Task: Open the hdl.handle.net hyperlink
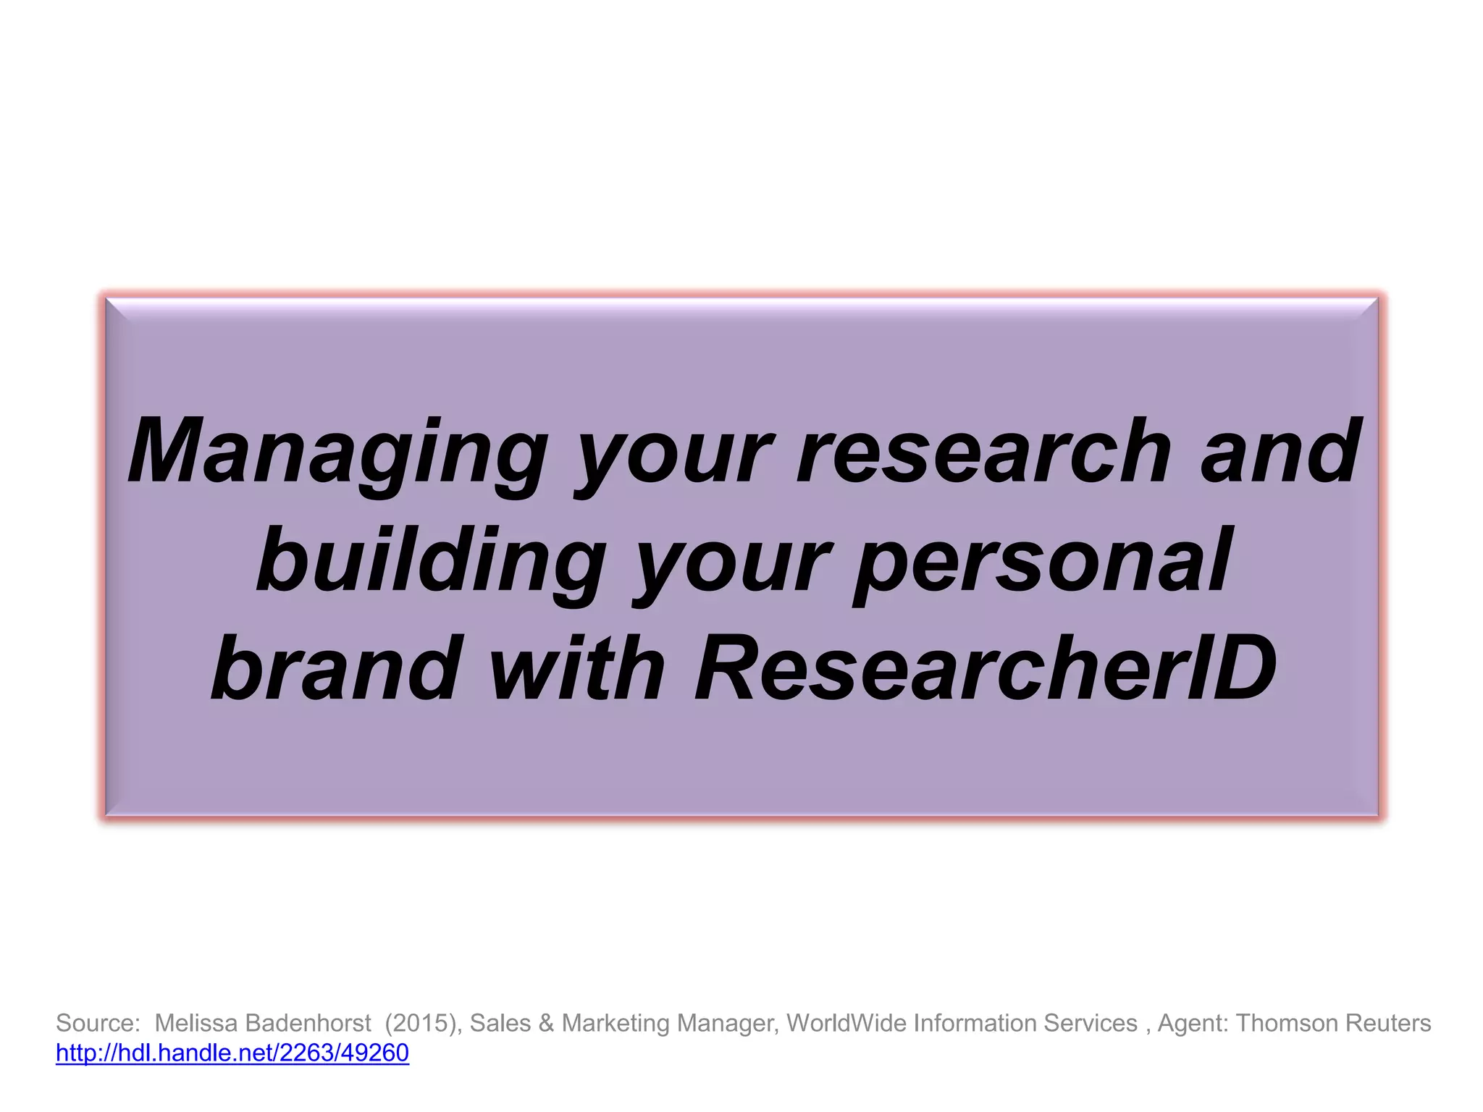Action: point(232,1053)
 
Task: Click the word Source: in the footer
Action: point(98,1023)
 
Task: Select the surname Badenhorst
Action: point(308,1023)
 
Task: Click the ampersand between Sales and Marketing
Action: point(547,1023)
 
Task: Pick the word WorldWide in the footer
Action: point(846,1023)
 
